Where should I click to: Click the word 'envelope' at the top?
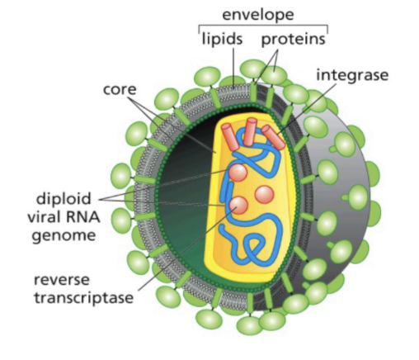[257, 15]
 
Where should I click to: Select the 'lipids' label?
[222, 39]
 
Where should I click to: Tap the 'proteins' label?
[293, 40]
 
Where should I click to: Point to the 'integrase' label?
[352, 75]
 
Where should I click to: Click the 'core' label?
[120, 89]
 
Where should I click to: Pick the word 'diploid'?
[64, 199]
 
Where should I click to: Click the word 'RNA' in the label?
[83, 217]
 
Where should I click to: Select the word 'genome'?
[64, 235]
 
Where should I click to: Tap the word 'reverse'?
[62, 280]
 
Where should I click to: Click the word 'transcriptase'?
[84, 297]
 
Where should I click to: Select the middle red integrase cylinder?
[251, 131]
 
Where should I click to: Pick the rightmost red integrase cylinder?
[273, 137]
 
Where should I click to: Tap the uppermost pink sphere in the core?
[238, 173]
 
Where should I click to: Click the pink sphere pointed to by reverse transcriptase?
[238, 206]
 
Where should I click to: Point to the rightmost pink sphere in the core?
[264, 195]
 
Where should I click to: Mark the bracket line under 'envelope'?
[263, 26]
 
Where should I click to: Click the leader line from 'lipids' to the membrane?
[233, 67]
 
